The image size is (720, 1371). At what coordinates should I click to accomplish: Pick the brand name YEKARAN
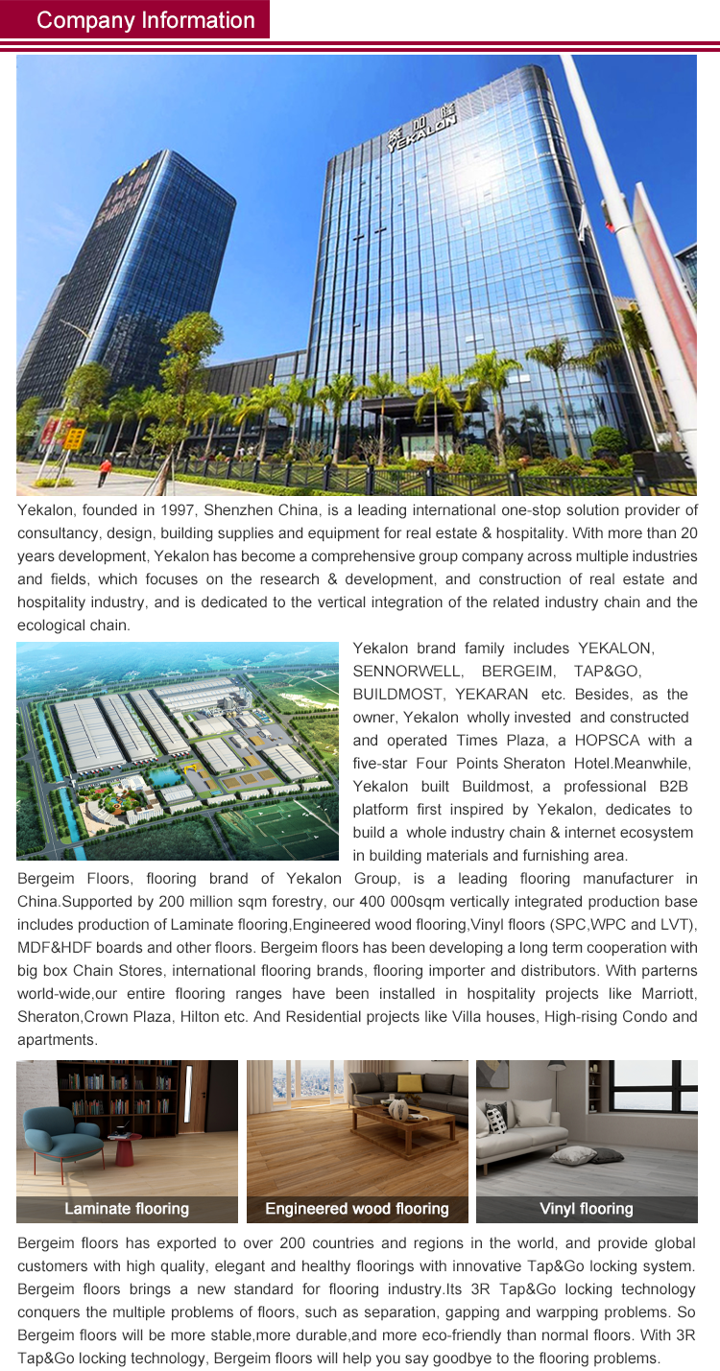(492, 695)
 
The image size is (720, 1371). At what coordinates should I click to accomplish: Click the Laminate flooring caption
(127, 1209)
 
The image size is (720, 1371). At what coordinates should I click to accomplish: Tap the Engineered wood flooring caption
(357, 1209)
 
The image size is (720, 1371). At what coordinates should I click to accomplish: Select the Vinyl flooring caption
(587, 1209)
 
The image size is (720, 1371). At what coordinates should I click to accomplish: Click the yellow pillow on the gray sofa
(410, 1082)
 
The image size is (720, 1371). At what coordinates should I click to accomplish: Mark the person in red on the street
(104, 470)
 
